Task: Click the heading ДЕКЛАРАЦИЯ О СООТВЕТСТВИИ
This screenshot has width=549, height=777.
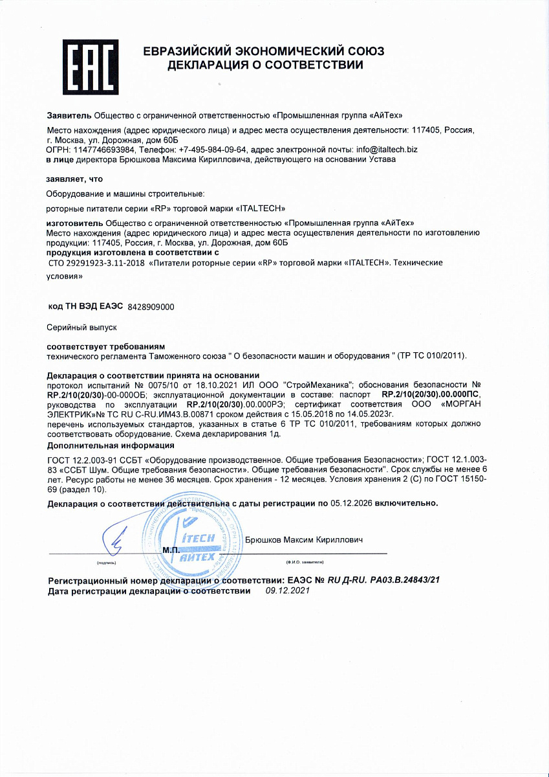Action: click(265, 65)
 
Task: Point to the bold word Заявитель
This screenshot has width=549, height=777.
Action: click(69, 116)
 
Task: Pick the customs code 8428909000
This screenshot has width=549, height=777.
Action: click(151, 306)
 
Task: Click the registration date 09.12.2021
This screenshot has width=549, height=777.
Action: click(288, 591)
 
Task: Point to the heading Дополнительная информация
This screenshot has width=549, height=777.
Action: click(111, 445)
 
